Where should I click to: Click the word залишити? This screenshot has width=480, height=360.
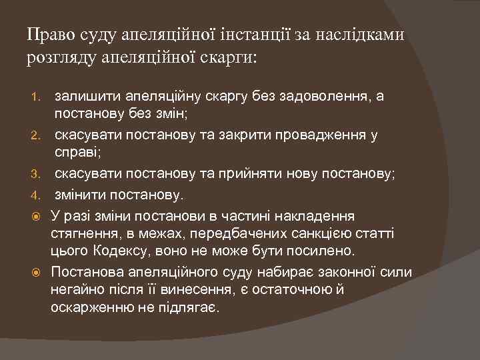point(86,97)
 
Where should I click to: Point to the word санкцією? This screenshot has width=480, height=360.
point(317,233)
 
